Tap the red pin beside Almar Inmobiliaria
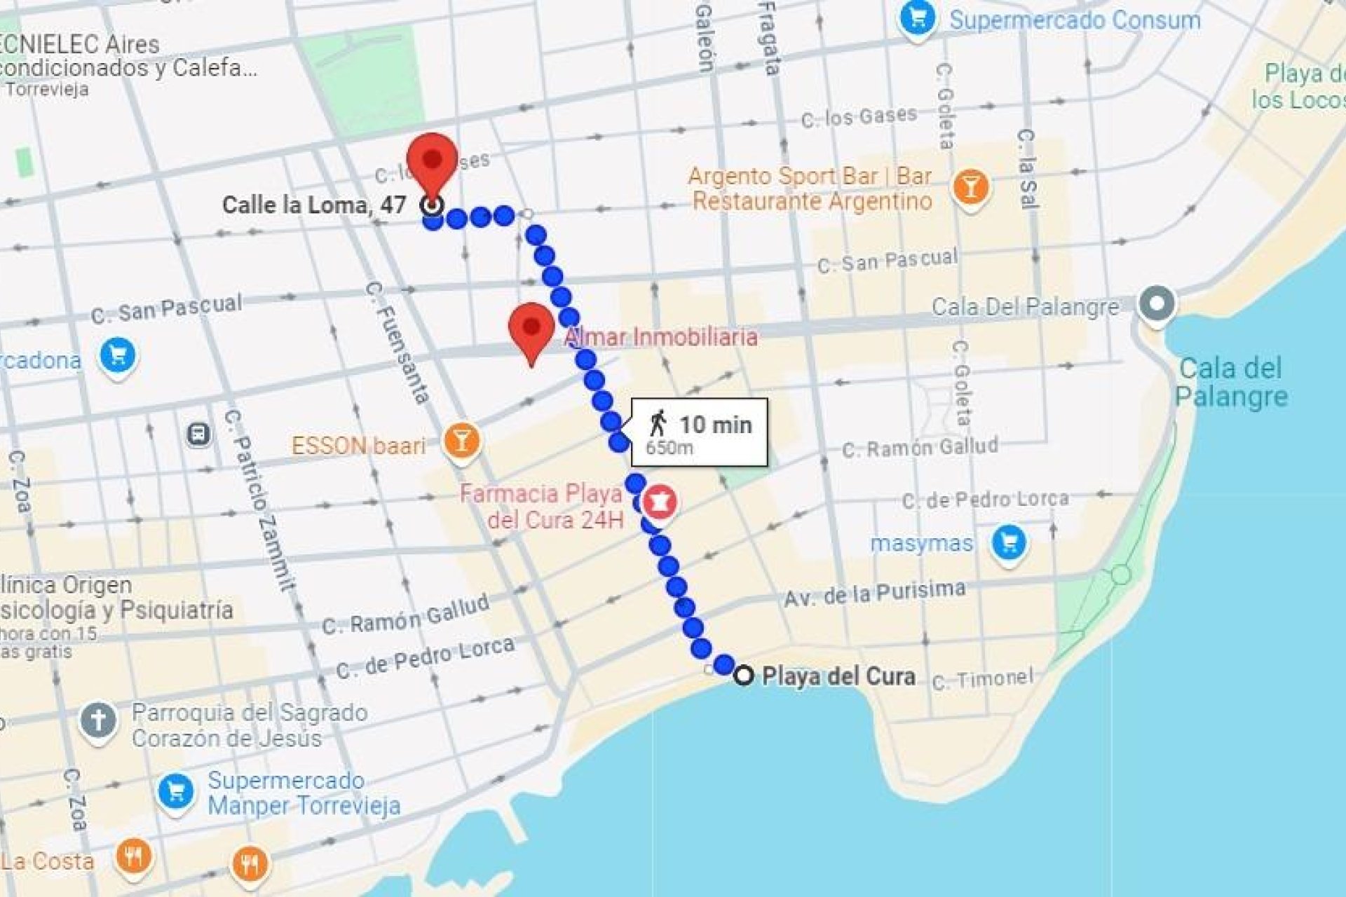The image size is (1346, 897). pyautogui.click(x=531, y=329)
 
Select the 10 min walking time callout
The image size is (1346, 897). pyautogui.click(x=699, y=432)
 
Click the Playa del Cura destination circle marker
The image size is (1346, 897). pyautogui.click(x=743, y=675)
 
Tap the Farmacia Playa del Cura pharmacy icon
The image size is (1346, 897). pyautogui.click(x=659, y=501)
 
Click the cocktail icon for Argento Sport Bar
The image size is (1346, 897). pyautogui.click(x=971, y=187)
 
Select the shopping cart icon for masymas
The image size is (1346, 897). pyautogui.click(x=1009, y=542)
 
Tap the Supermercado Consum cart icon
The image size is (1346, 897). pyautogui.click(x=918, y=18)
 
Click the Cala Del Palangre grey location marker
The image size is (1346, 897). pyautogui.click(x=1157, y=305)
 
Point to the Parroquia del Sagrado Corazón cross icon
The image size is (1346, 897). pyautogui.click(x=98, y=720)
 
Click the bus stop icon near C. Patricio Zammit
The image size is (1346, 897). pyautogui.click(x=199, y=434)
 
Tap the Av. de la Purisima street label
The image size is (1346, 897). pyautogui.click(x=874, y=594)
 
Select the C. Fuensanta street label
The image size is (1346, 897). pyautogui.click(x=397, y=343)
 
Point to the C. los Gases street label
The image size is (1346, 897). pyautogui.click(x=859, y=116)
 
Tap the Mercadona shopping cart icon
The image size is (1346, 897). pyautogui.click(x=118, y=356)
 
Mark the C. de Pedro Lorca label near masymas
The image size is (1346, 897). pyautogui.click(x=985, y=500)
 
